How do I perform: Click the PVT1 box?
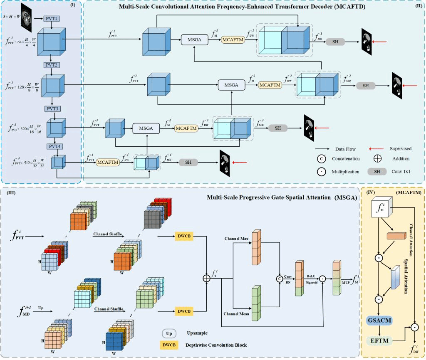coord(52,19)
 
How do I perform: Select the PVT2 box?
coord(51,65)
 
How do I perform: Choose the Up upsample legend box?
coord(170,333)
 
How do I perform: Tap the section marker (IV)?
coord(370,193)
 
